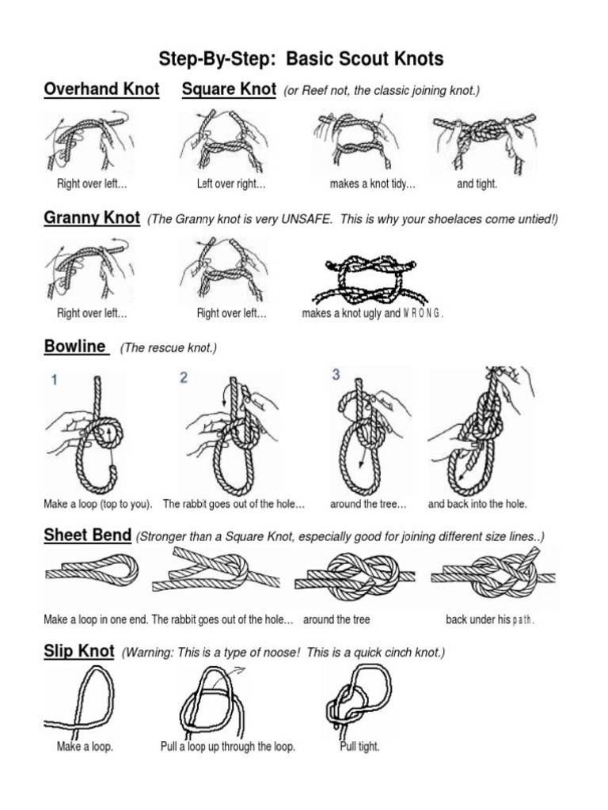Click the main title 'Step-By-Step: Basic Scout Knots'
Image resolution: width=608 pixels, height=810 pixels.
click(302, 59)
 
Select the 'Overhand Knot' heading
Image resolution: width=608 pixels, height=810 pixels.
click(101, 89)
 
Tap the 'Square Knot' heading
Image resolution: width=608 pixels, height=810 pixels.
click(229, 89)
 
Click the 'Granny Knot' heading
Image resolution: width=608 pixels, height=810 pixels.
click(92, 218)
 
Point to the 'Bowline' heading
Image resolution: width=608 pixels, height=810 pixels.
click(75, 346)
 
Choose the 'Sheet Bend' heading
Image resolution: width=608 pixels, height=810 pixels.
click(87, 536)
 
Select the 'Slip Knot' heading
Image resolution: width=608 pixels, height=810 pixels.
click(79, 652)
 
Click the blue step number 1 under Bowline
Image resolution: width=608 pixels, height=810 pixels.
click(55, 380)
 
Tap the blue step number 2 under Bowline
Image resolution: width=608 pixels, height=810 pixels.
click(184, 378)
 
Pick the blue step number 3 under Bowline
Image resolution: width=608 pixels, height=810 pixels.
click(336, 375)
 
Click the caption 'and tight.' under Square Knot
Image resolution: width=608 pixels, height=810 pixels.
click(477, 184)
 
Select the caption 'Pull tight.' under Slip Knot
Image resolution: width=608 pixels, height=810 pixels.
click(359, 747)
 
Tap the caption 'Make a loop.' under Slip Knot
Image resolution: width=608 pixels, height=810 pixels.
click(85, 747)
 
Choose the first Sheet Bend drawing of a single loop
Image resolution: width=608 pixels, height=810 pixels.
click(91, 571)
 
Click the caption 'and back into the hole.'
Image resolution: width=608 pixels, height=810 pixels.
click(477, 504)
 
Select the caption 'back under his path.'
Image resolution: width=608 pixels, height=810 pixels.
click(490, 619)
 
